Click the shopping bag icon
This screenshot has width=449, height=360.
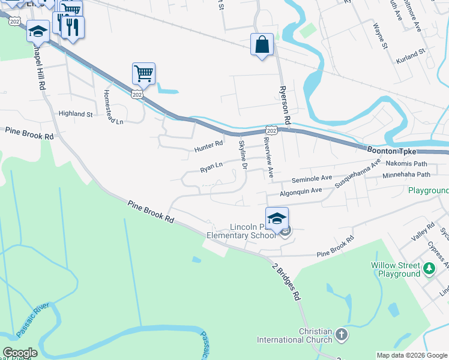[262, 44]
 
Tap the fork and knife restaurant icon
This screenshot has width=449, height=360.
[73, 27]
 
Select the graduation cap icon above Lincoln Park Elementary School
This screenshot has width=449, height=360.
[277, 218]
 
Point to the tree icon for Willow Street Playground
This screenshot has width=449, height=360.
[429, 268]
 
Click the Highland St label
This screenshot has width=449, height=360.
[76, 113]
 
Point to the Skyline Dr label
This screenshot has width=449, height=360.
[243, 154]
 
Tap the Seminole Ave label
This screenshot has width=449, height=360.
[312, 179]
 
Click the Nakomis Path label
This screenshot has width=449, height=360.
[406, 163]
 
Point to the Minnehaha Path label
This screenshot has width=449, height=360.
[408, 175]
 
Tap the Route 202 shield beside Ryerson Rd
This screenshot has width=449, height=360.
[271, 130]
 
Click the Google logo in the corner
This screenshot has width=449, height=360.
[20, 352]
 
